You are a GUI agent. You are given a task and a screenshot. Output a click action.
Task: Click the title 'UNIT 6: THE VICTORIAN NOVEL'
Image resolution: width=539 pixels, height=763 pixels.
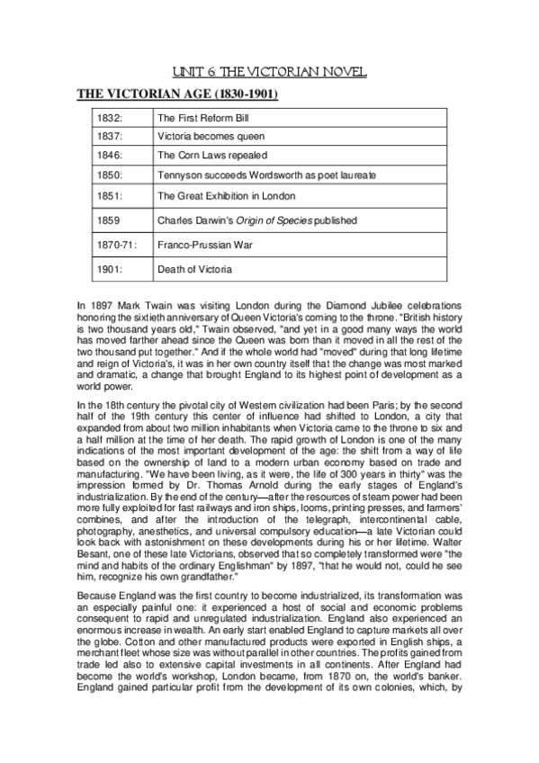pyautogui.click(x=269, y=72)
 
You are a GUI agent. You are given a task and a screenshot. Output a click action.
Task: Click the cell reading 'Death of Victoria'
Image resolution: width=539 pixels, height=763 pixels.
pyautogui.click(x=194, y=269)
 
